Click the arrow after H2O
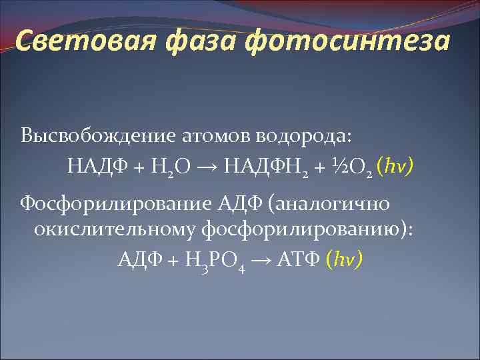(210, 164)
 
